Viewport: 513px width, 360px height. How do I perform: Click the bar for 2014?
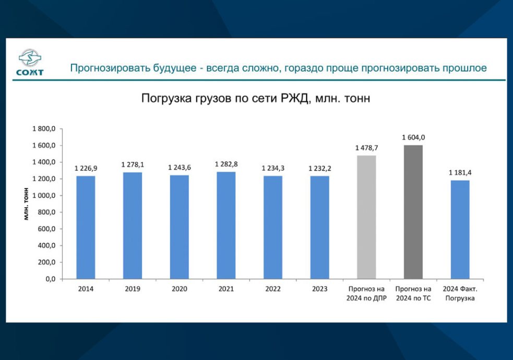point(86,227)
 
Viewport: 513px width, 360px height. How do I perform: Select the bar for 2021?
point(226,225)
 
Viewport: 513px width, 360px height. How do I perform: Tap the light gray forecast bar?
point(366,217)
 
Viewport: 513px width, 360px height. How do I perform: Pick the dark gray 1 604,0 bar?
point(413,212)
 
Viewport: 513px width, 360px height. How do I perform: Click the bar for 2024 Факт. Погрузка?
point(460,230)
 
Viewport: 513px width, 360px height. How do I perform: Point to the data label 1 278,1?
point(133,165)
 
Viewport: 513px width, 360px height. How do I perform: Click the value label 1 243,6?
point(179,167)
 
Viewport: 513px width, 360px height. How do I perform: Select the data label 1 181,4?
point(460,173)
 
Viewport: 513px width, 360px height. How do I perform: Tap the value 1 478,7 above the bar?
point(366,148)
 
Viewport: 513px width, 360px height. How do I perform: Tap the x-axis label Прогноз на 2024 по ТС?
point(413,293)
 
